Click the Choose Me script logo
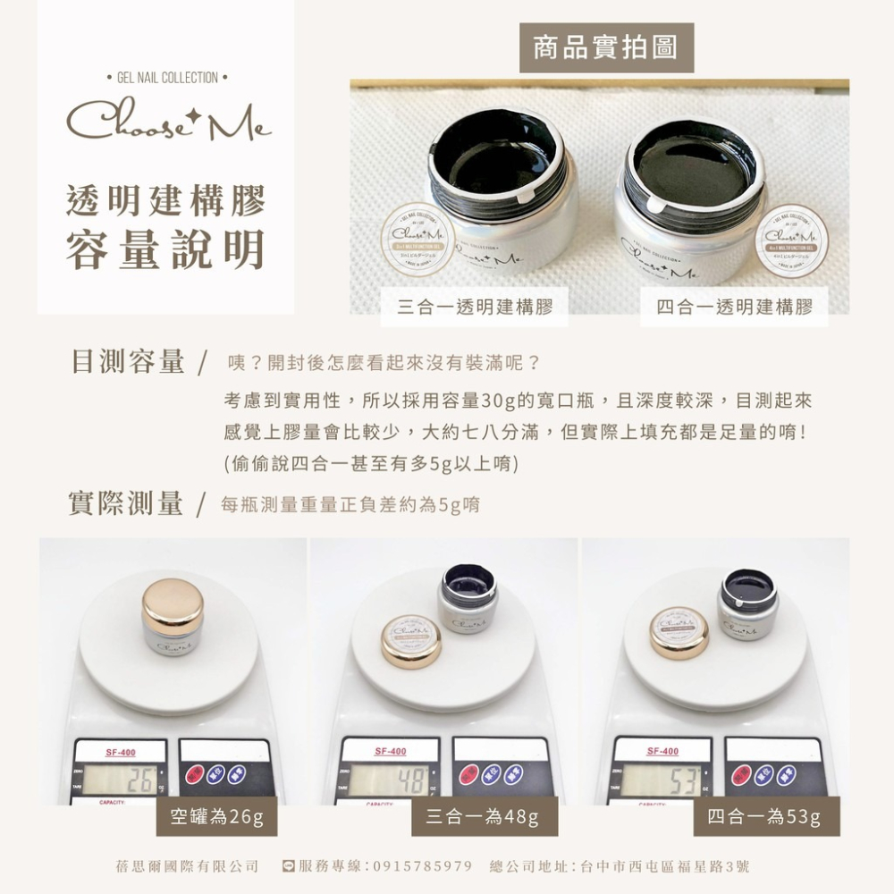[x=168, y=122]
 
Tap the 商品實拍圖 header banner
[x=606, y=48]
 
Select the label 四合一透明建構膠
[x=734, y=308]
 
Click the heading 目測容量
[x=127, y=362]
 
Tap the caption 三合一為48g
[x=483, y=816]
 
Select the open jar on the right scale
[x=749, y=603]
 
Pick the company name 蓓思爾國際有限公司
[x=188, y=866]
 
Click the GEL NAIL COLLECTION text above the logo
[x=168, y=78]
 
